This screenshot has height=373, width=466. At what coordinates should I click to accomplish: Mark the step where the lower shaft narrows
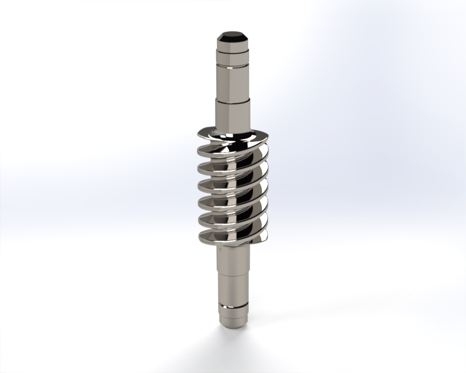click(233, 275)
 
